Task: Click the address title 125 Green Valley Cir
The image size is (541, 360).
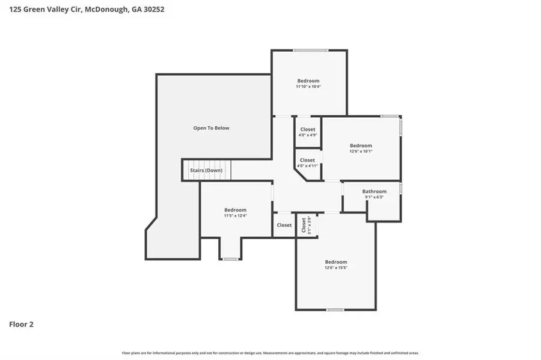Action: [87, 10]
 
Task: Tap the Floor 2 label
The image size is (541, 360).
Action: [21, 324]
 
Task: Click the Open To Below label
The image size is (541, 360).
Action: [211, 128]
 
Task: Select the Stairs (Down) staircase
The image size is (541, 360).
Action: [206, 170]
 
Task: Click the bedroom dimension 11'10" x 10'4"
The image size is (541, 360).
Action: [308, 87]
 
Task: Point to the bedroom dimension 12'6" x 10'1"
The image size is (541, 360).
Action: [361, 151]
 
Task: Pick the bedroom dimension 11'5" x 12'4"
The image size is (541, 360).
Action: [235, 216]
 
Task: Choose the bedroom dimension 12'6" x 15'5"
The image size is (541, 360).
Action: [335, 268]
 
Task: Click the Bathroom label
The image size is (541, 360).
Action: [374, 192]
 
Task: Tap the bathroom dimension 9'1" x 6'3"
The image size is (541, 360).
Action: [374, 198]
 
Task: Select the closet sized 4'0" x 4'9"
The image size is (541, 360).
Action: [307, 132]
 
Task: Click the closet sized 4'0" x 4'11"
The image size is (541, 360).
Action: [307, 163]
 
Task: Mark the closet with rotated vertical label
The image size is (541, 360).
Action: [306, 225]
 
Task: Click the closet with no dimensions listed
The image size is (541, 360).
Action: [284, 225]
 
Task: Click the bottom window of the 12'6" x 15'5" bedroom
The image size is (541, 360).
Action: [335, 310]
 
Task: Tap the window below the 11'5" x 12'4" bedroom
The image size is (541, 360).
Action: [230, 259]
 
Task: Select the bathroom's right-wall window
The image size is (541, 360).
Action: [401, 188]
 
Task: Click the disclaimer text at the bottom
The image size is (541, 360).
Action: [270, 353]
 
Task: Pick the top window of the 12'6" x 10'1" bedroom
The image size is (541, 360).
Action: [389, 116]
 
